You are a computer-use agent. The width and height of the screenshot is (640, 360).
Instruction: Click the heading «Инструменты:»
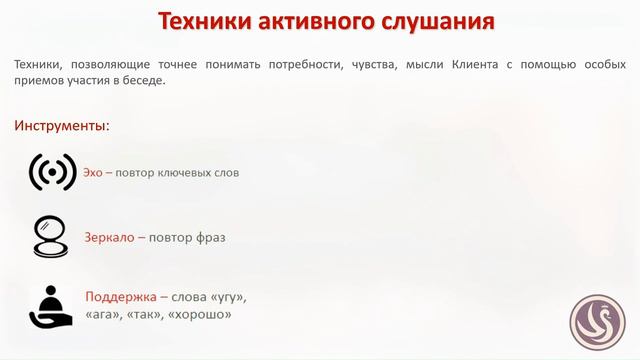click(62, 126)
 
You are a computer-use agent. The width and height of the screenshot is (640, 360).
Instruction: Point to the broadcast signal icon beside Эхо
click(53, 173)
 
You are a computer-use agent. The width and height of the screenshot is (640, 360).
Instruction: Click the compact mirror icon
click(50, 237)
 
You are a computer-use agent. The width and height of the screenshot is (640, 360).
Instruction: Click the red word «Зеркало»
click(109, 238)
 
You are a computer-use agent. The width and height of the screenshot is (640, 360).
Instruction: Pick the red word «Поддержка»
click(121, 297)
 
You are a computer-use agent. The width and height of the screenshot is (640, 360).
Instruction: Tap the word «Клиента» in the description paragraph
click(456, 64)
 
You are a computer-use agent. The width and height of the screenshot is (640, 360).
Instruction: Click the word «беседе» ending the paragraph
click(141, 81)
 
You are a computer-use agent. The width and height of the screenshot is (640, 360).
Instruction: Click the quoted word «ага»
click(104, 314)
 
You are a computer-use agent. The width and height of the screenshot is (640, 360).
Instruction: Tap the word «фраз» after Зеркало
click(210, 238)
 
